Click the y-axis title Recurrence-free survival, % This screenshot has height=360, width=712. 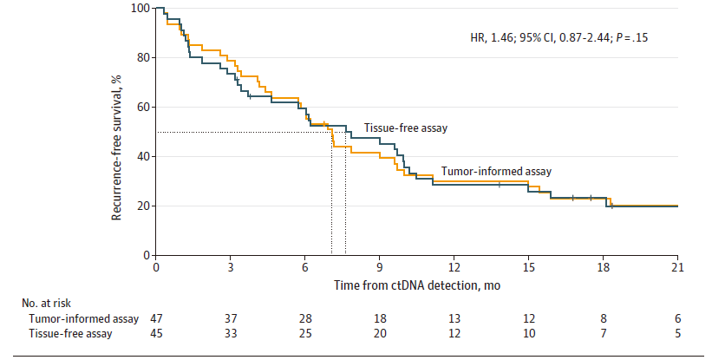[117, 147]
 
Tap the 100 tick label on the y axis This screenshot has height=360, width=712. [140, 8]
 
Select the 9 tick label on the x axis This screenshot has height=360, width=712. [380, 267]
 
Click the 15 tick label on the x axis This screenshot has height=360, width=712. [528, 267]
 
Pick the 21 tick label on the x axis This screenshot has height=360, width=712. [677, 267]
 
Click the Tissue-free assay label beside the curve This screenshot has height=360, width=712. [406, 128]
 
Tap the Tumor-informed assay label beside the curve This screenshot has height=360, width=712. [496, 172]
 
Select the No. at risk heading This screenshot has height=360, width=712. [46, 303]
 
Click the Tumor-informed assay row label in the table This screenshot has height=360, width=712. [83, 318]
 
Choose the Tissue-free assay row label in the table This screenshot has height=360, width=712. [70, 334]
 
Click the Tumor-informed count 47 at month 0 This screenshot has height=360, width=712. [156, 318]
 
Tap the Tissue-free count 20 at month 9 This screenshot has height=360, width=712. [380, 334]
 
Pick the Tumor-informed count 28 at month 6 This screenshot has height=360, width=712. [305, 318]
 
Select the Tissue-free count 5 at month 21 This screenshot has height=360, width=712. [678, 334]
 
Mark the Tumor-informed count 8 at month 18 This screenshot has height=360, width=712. [604, 318]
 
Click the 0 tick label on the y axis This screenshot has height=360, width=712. [147, 256]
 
